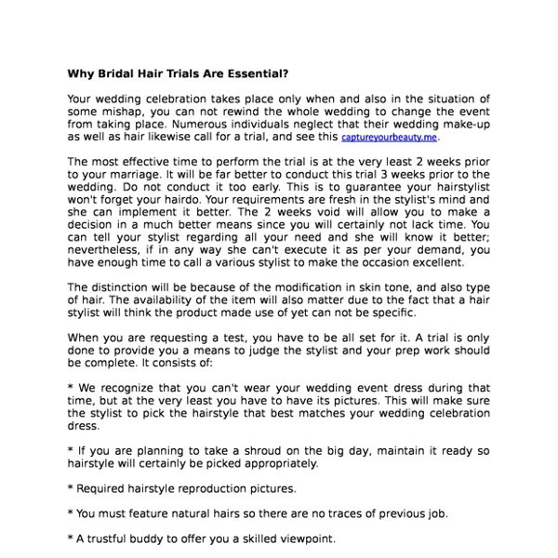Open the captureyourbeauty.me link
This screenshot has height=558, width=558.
click(x=389, y=136)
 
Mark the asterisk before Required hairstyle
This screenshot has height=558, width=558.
click(x=72, y=487)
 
